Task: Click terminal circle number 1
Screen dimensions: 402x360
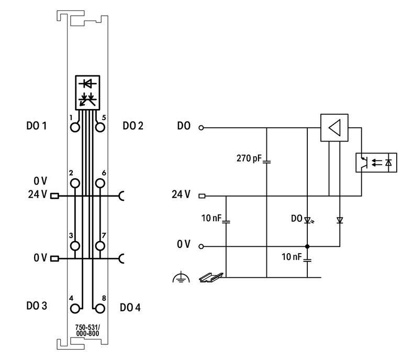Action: coord(75,127)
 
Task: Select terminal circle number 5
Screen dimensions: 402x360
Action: coord(100,127)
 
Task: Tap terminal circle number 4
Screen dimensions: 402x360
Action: coord(75,309)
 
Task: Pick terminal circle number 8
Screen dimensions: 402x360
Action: coord(100,309)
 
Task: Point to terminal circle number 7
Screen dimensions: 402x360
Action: coord(100,246)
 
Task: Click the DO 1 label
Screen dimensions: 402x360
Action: coord(37,126)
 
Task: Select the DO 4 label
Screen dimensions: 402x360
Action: coord(130,308)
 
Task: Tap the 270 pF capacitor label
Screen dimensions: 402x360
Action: coord(249,158)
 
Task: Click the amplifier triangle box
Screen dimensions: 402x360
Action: coord(334,127)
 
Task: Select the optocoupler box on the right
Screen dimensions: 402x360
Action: coord(376,162)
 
